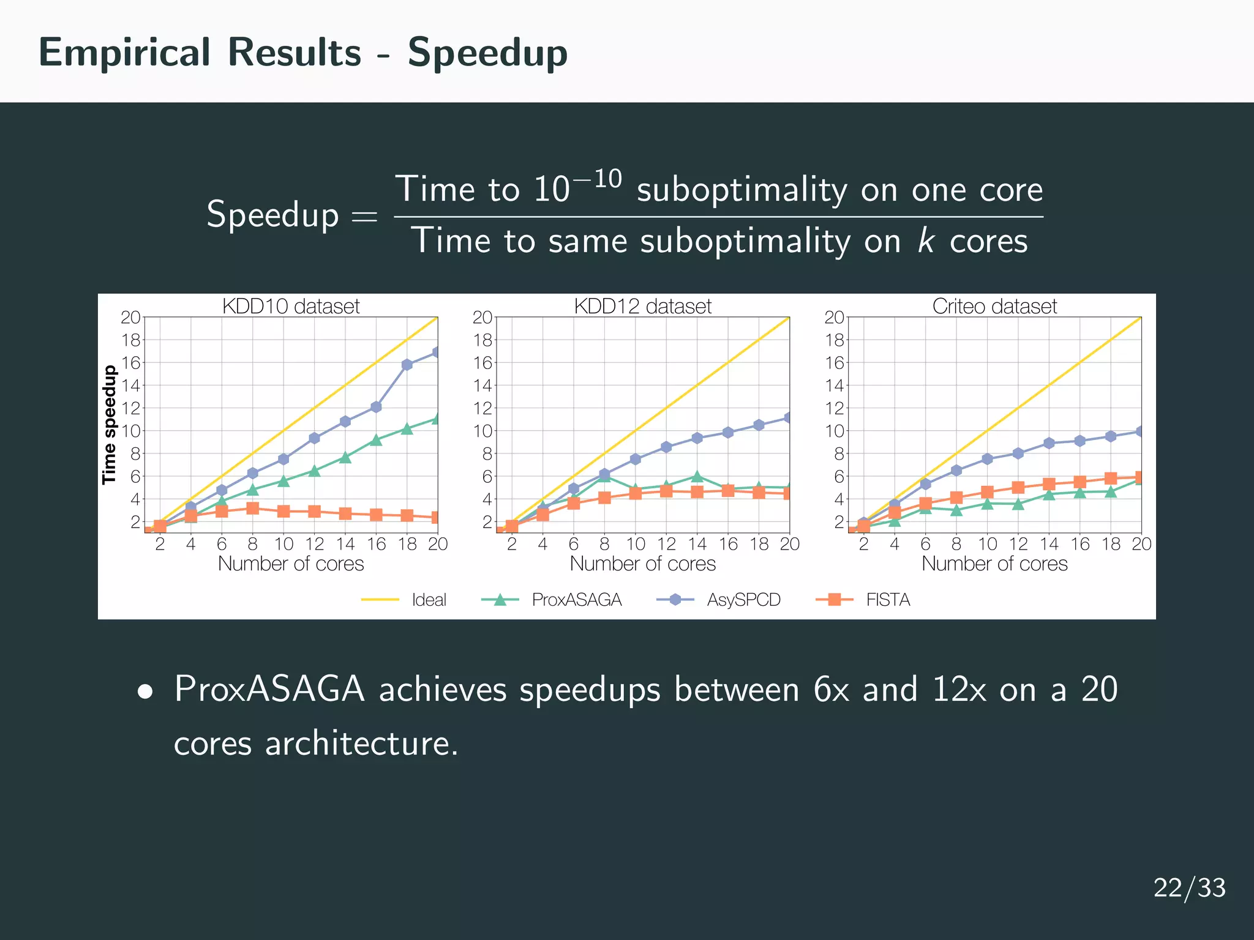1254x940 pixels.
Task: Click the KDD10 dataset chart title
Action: [x=291, y=306]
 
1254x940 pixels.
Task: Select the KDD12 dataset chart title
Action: [x=642, y=306]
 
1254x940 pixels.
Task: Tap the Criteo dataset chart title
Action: [x=994, y=306]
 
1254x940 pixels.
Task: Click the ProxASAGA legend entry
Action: [x=576, y=600]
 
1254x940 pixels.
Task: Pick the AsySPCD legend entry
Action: [x=743, y=600]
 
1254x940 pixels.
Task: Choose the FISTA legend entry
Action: [x=887, y=600]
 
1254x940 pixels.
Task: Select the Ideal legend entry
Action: [x=429, y=600]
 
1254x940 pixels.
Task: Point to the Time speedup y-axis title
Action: [x=109, y=425]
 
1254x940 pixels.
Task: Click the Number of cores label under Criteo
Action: [x=994, y=564]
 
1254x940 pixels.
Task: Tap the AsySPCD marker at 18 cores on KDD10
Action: [x=407, y=365]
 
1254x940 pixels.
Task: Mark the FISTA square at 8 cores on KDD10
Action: [x=252, y=508]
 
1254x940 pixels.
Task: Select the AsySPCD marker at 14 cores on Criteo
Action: [x=1049, y=443]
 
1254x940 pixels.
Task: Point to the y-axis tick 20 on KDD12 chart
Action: [x=482, y=317]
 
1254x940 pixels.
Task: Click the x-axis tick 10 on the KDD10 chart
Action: [x=283, y=544]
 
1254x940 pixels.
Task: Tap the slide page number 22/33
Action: [x=1189, y=887]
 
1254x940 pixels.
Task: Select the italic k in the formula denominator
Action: [x=925, y=241]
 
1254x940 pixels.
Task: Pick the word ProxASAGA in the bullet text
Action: [x=269, y=689]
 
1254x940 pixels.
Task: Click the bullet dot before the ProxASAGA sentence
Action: [x=145, y=692]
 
